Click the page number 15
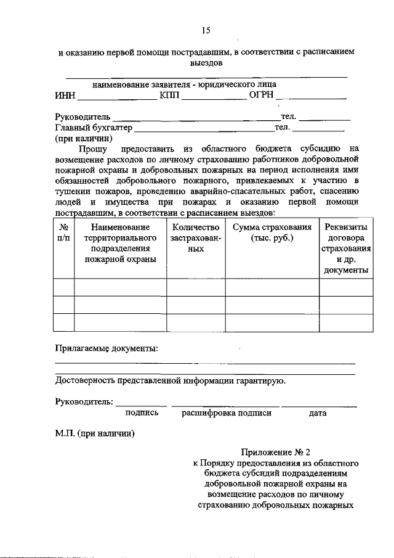coord(206,31)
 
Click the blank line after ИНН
coord(116,98)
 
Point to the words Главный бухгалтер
coord(93,128)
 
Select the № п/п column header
coord(63,232)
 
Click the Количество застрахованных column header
coord(195,238)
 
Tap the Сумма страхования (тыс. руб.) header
coord(271,232)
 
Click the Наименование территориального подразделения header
coord(120,244)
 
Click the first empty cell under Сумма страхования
coord(271,287)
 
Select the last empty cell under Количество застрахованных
coord(195,322)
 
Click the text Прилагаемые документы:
coord(106,348)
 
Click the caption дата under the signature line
coord(317,413)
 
